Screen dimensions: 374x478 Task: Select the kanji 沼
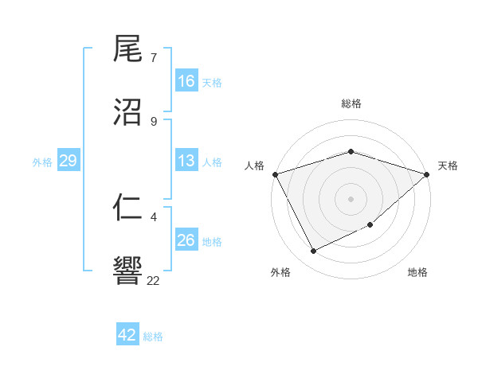128,111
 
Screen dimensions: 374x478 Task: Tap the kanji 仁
128,208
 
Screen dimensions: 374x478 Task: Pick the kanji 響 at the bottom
128,271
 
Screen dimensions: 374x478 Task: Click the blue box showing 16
186,81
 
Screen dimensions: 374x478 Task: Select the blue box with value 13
186,162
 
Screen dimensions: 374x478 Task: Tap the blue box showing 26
186,240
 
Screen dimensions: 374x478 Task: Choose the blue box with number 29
68,162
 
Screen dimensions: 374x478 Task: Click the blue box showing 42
127,335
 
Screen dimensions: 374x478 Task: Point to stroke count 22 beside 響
154,279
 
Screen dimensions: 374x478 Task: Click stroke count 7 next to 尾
154,57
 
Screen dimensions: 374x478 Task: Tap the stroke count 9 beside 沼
154,121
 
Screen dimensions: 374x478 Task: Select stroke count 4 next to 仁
154,216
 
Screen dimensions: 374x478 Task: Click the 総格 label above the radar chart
351,103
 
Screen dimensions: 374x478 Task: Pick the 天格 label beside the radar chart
448,166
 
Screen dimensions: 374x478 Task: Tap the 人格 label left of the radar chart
254,166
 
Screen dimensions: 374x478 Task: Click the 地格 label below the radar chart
417,272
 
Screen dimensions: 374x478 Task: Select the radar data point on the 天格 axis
428,174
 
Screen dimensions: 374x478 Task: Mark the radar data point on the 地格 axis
371,225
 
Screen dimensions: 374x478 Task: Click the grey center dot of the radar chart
351,198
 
